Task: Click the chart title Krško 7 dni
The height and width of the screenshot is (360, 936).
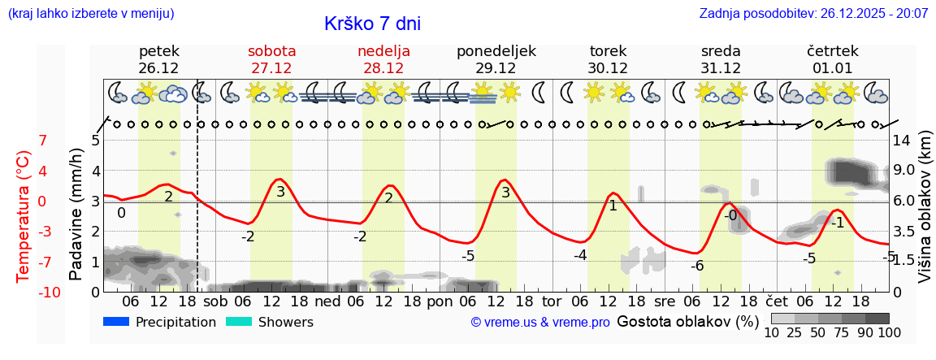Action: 372,24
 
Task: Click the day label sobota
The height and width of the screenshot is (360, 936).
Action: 271,51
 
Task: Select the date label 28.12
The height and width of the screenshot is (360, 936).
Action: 383,68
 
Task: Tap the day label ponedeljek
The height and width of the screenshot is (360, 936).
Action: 496,51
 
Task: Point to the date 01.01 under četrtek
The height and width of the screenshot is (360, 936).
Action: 832,68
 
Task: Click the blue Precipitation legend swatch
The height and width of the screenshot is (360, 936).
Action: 116,322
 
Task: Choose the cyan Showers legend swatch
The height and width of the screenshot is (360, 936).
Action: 238,322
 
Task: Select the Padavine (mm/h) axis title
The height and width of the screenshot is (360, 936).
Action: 76,215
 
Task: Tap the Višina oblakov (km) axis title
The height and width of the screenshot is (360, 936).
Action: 925,215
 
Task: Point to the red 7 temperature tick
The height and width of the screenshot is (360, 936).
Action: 43,141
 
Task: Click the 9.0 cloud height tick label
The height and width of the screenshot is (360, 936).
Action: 905,171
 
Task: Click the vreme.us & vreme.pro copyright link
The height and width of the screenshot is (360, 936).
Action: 540,323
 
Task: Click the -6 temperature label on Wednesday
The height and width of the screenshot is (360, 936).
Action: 697,266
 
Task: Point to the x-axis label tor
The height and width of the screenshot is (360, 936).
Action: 552,300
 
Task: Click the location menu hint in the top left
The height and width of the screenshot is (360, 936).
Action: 90,14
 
